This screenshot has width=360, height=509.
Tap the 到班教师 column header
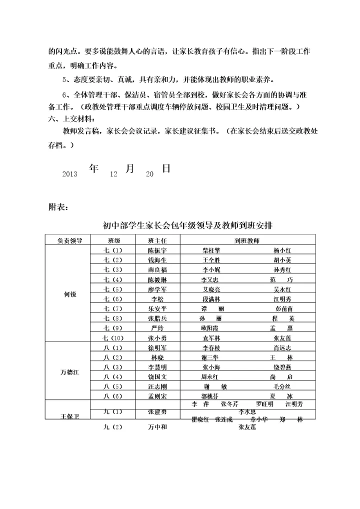(247, 240)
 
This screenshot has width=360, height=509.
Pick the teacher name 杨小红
(286, 250)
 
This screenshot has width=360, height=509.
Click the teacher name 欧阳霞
(209, 328)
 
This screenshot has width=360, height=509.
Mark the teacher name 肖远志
(286, 347)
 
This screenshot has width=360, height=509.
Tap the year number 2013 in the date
(69, 174)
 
